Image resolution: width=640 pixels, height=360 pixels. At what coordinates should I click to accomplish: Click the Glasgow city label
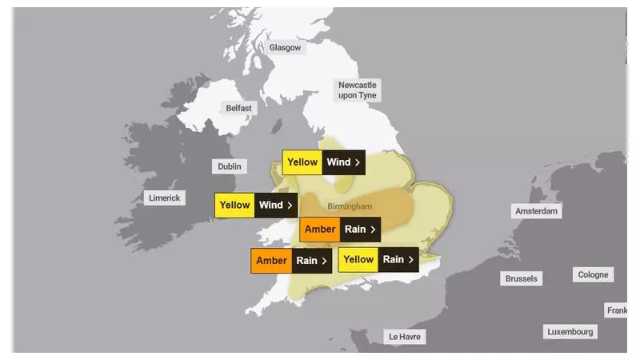point(286,48)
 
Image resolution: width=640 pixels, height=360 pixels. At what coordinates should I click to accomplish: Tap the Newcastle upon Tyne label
point(357,90)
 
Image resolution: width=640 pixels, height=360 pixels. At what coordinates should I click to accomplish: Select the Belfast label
point(238,108)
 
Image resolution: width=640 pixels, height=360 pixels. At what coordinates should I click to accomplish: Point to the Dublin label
point(229,166)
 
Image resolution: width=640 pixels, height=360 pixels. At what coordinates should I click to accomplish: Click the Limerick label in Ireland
point(165,198)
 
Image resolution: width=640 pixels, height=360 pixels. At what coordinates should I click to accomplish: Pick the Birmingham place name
point(350,206)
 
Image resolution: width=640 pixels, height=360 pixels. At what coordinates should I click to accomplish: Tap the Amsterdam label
point(536,211)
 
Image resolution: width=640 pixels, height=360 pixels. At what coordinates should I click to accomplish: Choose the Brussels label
point(521,279)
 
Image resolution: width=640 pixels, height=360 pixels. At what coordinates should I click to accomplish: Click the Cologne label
point(593,275)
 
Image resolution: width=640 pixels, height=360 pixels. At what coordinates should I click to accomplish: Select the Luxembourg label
point(570,331)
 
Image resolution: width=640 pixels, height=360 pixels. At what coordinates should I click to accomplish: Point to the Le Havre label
point(405,337)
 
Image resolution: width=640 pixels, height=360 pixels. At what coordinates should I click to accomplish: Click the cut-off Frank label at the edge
point(617,310)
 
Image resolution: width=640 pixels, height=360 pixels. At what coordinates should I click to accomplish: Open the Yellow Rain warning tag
point(378,259)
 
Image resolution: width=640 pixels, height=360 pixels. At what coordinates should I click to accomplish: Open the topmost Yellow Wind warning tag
point(323,162)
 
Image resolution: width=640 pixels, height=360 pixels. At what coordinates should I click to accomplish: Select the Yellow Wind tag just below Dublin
point(256,205)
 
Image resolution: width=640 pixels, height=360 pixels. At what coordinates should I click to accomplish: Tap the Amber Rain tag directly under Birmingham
point(340,230)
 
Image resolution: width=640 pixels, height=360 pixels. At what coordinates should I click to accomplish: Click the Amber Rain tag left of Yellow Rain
point(291,261)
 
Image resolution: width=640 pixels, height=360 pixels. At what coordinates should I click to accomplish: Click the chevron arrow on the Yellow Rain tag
point(411,259)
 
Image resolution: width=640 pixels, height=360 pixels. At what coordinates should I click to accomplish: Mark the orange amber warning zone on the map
point(392,206)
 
